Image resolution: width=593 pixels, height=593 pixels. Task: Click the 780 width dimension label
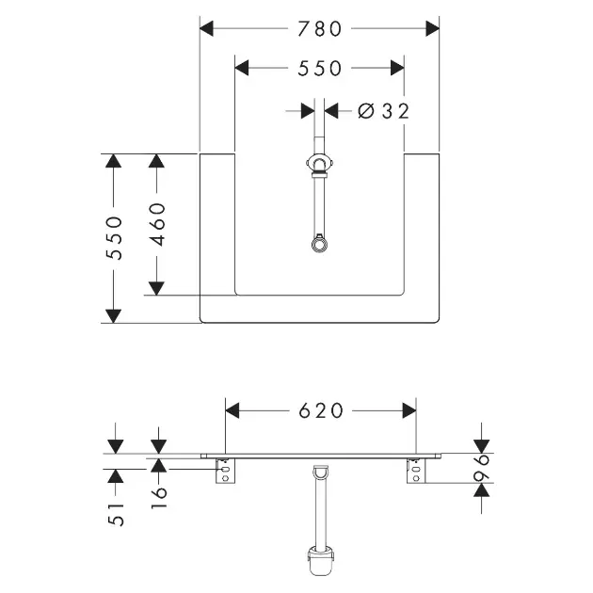(320, 29)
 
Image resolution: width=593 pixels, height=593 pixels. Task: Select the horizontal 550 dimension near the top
(320, 69)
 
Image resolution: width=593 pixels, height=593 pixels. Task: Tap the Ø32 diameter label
(383, 111)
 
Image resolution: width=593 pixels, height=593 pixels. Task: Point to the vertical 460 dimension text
(157, 224)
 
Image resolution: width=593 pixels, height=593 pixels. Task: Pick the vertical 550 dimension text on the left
(114, 238)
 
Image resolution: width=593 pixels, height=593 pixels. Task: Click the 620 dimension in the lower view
(321, 410)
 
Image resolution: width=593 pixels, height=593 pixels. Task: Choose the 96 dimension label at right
(481, 468)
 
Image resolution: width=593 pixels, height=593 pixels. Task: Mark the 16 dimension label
(159, 497)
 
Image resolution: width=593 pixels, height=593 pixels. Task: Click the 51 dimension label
(116, 514)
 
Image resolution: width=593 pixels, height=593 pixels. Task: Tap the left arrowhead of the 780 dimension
(206, 29)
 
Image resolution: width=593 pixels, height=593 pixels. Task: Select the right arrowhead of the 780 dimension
(432, 29)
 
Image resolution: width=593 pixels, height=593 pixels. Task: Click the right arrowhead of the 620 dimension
(409, 410)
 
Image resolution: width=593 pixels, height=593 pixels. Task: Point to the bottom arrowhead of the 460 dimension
(156, 289)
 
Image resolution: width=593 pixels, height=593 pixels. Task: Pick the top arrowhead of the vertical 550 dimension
(114, 161)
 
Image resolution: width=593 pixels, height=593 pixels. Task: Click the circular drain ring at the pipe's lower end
(320, 245)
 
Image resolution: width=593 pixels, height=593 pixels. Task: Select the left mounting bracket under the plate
(225, 471)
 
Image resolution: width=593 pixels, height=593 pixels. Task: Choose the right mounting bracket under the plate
(416, 471)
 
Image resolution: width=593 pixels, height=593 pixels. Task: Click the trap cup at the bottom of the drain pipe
(321, 562)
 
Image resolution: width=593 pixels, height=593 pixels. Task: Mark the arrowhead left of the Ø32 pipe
(308, 111)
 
